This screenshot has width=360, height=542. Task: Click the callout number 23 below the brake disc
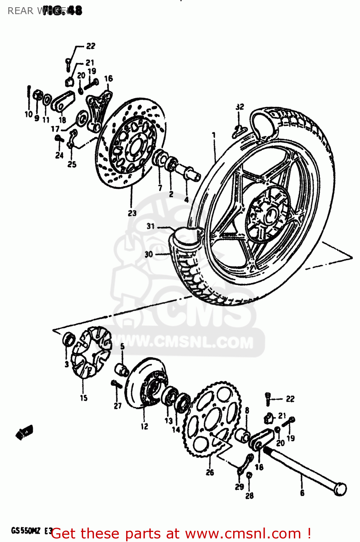point(132,213)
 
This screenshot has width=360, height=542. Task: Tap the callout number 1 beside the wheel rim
point(214,135)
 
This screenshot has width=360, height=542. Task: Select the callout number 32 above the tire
point(240,107)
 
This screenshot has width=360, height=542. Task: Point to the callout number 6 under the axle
point(302,493)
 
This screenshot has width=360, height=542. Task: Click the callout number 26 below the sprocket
point(210,472)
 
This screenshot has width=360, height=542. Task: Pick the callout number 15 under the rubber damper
point(83,398)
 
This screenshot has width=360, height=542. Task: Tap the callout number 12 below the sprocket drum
point(144,426)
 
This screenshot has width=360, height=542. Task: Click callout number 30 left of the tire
point(149,254)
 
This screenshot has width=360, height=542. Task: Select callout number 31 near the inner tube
point(151,226)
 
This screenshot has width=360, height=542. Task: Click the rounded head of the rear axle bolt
point(340,489)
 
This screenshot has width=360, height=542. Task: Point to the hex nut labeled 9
point(37,95)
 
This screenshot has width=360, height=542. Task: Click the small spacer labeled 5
point(122,370)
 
